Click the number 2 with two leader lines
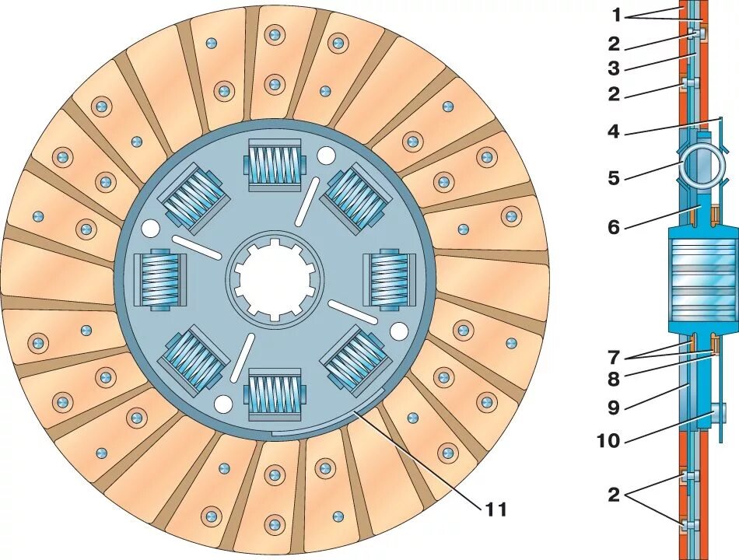pyautogui.click(x=614, y=495)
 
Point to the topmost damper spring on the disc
pyautogui.click(x=274, y=164)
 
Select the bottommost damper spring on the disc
pyautogui.click(x=274, y=395)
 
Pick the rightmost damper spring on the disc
pyautogui.click(x=388, y=279)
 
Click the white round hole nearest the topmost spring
pyautogui.click(x=325, y=156)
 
